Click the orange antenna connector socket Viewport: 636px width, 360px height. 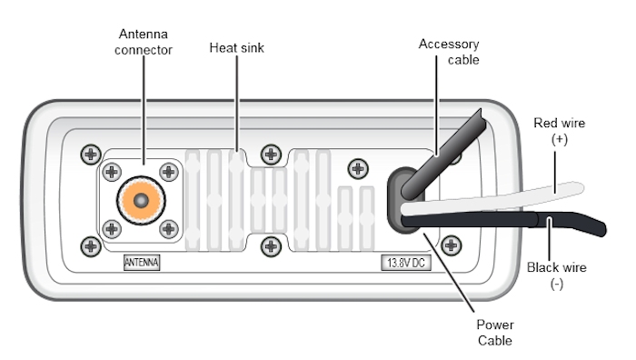[141, 200]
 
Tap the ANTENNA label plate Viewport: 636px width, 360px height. [142, 263]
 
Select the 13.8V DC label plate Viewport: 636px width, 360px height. [406, 263]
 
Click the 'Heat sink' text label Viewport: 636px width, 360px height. [237, 48]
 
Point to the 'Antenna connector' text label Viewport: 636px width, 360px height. [144, 42]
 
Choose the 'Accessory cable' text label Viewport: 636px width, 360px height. [449, 52]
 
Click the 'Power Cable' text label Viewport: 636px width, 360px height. [495, 333]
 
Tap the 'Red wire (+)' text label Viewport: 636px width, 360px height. [560, 131]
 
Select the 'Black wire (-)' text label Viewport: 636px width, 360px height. [556, 275]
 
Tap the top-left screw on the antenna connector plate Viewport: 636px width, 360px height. [112, 172]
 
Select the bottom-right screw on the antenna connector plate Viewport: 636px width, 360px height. [169, 229]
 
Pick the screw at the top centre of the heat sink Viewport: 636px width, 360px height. [271, 155]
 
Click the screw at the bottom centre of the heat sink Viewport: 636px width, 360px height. [271, 246]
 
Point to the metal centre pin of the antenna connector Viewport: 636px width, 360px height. [141, 201]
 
